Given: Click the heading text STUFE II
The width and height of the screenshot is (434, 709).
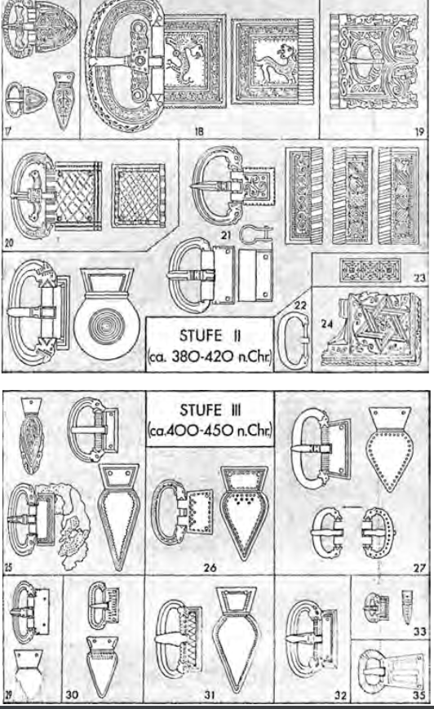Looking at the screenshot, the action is point(210,336).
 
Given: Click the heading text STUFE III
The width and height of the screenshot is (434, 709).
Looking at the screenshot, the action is point(210,410).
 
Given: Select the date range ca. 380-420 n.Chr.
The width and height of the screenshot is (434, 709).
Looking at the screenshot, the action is point(210,357).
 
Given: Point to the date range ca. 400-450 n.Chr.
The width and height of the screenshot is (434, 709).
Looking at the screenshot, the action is point(210,430).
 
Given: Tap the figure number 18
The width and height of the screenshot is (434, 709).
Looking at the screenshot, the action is point(199,131).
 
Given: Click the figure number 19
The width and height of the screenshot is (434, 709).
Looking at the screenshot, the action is point(419,131).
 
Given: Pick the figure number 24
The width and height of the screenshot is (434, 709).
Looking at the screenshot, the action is point(327,324).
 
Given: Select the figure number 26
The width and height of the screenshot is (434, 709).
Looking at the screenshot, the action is point(210,567).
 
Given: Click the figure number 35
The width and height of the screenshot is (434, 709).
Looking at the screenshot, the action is point(419,695).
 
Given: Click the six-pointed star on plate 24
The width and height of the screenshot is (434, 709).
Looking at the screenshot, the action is point(379,324).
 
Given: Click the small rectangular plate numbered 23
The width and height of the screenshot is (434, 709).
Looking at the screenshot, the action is point(370,270).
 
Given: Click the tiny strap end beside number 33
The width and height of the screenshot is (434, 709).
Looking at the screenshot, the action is point(406,606).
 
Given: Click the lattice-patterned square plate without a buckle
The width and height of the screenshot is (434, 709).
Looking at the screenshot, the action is point(138,195).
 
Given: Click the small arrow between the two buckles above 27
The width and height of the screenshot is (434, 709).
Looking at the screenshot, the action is point(352,507).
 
